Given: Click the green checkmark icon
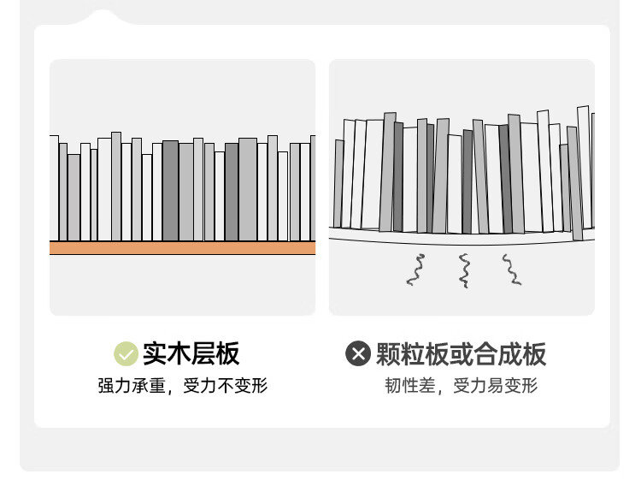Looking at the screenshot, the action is click(126, 353).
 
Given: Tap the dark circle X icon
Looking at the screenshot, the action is click(358, 353).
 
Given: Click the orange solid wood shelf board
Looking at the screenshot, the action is click(182, 248).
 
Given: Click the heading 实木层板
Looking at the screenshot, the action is click(191, 353).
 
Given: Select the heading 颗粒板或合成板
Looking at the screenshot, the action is click(461, 354).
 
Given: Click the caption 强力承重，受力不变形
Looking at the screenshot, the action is click(183, 386).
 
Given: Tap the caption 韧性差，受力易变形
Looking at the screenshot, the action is click(462, 386).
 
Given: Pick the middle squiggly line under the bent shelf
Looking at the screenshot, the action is click(464, 270).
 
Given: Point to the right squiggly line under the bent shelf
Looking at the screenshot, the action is click(511, 270).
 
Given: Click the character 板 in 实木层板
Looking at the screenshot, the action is click(227, 353).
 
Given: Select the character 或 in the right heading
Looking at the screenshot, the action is click(462, 354).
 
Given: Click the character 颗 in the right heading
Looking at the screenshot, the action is click(388, 354).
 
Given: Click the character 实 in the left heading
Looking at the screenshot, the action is click(155, 353).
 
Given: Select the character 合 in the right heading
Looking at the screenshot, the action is click(485, 354).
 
